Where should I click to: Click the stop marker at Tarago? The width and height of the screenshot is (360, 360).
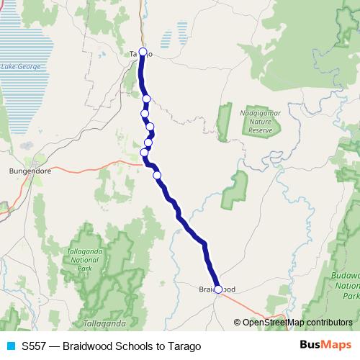143,52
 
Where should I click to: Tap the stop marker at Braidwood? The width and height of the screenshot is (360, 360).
218,289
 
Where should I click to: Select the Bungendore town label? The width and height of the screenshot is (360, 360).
27,171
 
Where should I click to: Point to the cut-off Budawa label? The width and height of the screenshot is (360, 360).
346,276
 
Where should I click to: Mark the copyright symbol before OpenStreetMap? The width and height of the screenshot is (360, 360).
237,322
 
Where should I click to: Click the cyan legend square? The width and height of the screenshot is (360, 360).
10,346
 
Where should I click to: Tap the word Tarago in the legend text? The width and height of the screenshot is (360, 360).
184,346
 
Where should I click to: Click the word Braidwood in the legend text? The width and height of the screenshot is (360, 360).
87,346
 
